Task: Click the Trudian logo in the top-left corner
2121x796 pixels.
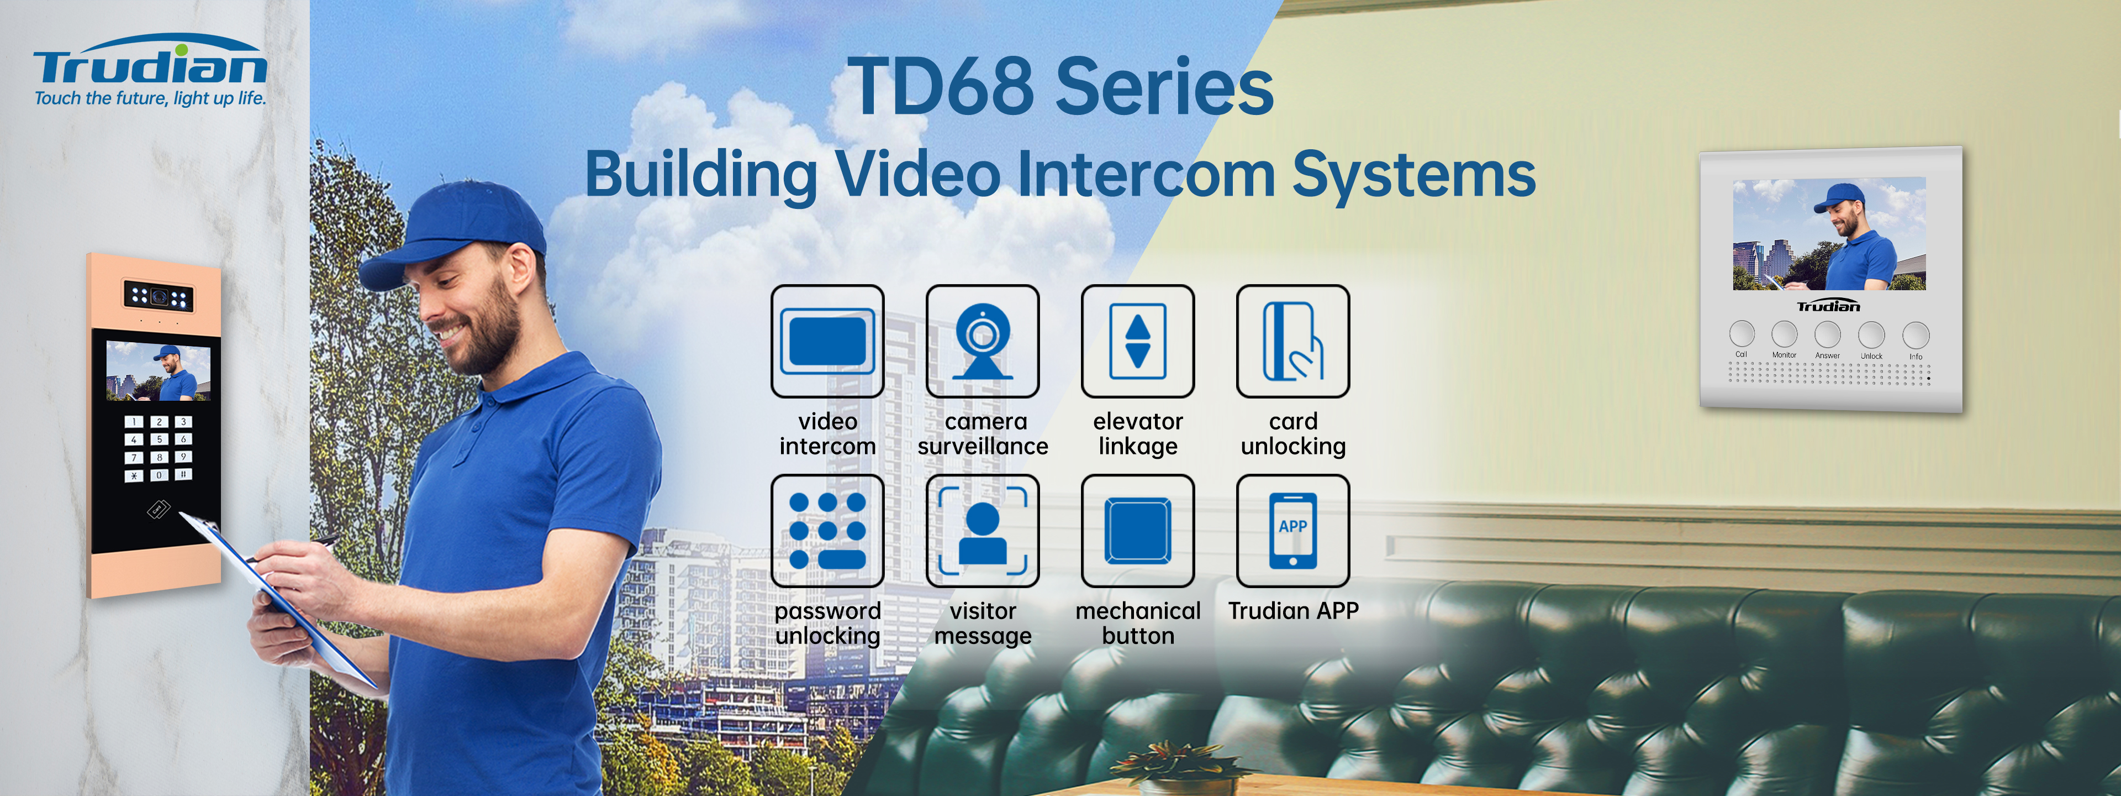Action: (x=150, y=70)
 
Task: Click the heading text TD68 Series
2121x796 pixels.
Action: (x=1060, y=87)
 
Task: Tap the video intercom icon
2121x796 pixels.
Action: (x=827, y=341)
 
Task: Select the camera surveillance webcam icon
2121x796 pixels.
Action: (x=982, y=341)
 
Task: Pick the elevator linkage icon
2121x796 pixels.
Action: (x=1138, y=341)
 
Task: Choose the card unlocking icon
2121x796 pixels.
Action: (x=1292, y=341)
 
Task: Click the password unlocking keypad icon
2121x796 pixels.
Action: (x=827, y=531)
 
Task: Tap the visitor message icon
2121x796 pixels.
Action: (x=982, y=531)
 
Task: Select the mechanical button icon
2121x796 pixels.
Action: (x=1138, y=531)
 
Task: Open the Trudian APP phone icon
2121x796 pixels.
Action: (x=1292, y=531)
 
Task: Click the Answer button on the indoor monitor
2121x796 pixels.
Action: (x=1828, y=334)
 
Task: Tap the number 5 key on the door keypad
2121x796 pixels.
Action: (x=160, y=439)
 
